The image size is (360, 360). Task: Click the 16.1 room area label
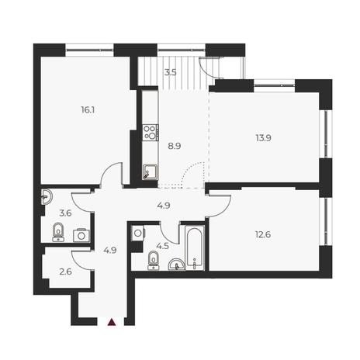click(x=88, y=110)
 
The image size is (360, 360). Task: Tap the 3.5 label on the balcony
click(x=171, y=72)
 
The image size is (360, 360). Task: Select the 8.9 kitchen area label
click(x=175, y=147)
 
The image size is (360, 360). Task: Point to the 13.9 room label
click(x=263, y=138)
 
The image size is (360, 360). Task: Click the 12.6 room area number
click(x=263, y=235)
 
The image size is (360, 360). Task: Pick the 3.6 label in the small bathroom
click(x=65, y=213)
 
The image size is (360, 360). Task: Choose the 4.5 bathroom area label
click(x=163, y=246)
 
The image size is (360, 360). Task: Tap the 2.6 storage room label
click(x=65, y=272)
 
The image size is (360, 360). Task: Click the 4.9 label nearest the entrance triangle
click(x=110, y=251)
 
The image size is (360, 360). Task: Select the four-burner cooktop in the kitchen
click(x=150, y=133)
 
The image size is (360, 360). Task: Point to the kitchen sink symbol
click(x=150, y=171)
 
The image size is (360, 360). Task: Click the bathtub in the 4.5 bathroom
click(x=195, y=248)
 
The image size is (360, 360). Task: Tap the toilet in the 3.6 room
click(x=58, y=232)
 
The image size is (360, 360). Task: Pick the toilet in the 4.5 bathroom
click(x=154, y=261)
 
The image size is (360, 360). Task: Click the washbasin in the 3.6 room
click(x=47, y=198)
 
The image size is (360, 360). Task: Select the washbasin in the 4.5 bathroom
click(x=176, y=265)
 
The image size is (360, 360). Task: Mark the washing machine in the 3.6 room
click(x=81, y=235)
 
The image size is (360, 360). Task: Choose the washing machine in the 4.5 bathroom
click(x=138, y=233)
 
